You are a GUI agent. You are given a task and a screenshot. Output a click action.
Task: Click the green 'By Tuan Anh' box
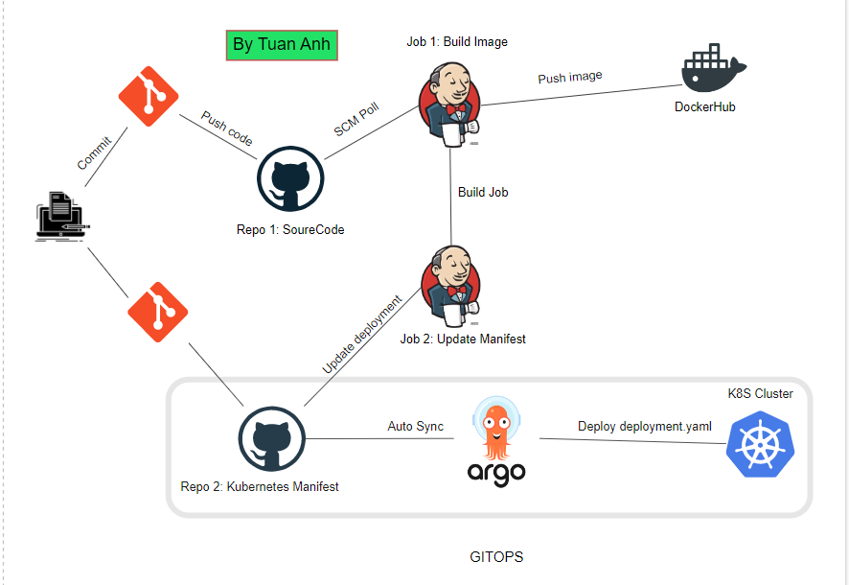(x=282, y=44)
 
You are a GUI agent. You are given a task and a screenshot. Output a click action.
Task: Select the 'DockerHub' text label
(x=705, y=106)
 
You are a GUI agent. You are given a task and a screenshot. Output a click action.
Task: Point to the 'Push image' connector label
(x=569, y=77)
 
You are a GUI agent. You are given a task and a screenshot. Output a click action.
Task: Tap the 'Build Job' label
(x=483, y=192)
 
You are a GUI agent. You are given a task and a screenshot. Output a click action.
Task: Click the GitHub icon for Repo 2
(x=271, y=439)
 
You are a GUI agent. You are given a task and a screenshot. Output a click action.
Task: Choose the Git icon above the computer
(x=149, y=95)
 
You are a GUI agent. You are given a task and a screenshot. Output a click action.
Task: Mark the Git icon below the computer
(x=158, y=312)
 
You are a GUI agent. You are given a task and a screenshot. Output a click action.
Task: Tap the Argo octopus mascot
(x=496, y=429)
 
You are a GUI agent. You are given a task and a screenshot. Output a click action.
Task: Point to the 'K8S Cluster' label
(x=760, y=394)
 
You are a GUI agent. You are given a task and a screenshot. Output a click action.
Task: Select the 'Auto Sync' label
(x=415, y=426)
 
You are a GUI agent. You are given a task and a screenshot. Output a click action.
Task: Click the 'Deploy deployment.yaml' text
(x=644, y=426)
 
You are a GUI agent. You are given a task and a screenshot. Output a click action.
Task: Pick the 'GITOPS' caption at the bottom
(x=496, y=556)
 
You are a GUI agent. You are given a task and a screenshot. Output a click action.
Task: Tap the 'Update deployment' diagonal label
(x=362, y=334)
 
